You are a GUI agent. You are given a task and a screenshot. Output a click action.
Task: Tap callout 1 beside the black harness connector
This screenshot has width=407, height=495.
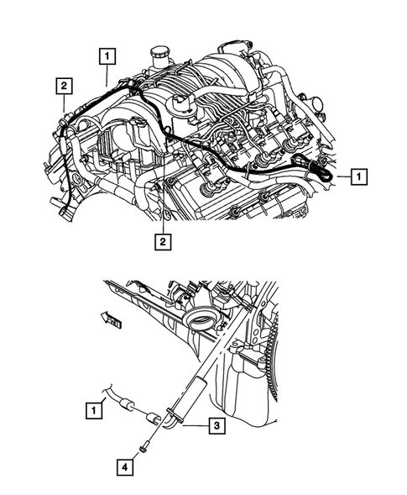358,176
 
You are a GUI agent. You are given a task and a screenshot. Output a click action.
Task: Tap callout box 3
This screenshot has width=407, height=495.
216,427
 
